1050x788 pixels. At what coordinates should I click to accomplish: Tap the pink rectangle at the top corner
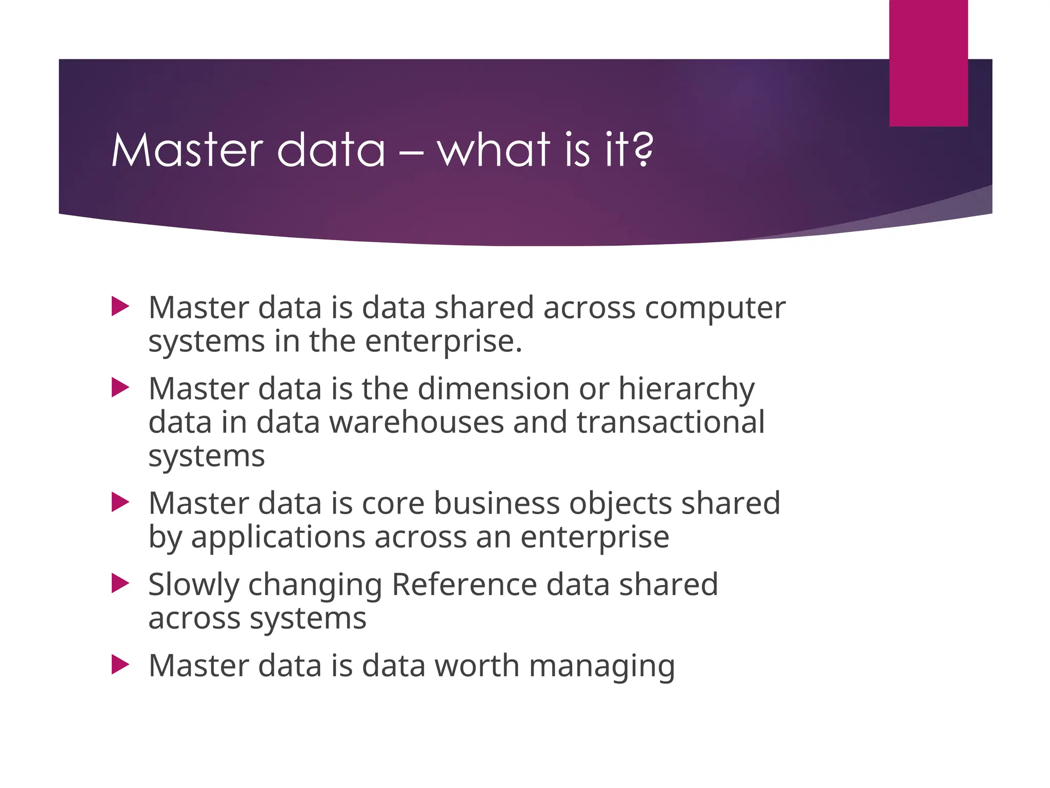(928, 63)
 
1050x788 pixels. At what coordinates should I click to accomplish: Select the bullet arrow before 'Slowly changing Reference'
(120, 583)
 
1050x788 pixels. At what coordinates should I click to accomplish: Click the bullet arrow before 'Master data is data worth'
(120, 665)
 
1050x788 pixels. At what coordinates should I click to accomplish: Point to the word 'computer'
(715, 308)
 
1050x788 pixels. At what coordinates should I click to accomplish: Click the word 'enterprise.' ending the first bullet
(443, 342)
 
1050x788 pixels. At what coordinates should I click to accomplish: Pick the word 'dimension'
(494, 388)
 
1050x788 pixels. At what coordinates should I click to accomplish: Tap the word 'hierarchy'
(686, 389)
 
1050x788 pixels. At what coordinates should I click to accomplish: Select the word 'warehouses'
(416, 422)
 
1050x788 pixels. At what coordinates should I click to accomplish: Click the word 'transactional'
(671, 422)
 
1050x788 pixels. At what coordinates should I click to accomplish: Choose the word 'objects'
(620, 504)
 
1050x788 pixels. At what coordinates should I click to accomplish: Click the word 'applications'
(277, 538)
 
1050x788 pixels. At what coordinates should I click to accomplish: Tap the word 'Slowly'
(194, 585)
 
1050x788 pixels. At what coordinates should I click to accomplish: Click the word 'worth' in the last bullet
(477, 665)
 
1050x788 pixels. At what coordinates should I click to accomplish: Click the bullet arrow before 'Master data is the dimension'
(120, 388)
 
